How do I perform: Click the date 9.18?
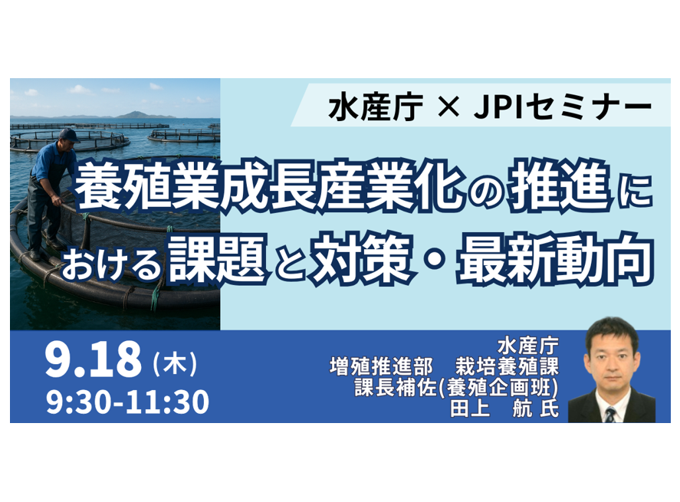pos(94,359)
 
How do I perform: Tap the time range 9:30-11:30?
pos(127,402)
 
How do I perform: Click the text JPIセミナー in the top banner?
pos(563,107)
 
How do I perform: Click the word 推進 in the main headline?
pos(559,189)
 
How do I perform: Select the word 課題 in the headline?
pos(217,258)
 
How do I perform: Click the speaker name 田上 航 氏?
pos(504,408)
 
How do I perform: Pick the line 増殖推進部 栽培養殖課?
pos(444,367)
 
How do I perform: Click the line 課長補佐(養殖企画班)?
pos(456,388)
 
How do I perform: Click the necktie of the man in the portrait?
pos(610,415)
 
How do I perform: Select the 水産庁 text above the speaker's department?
pos(527,346)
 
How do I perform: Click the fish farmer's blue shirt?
pos(51,161)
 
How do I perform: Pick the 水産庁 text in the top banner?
pos(376,107)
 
